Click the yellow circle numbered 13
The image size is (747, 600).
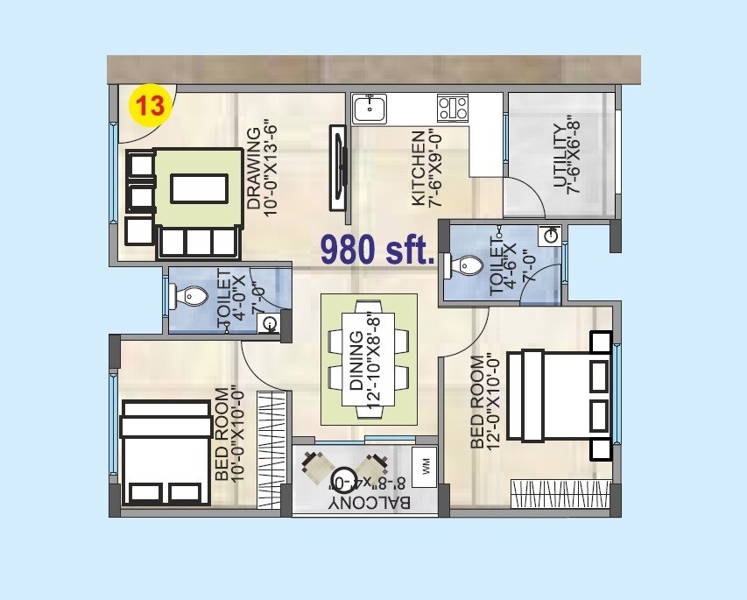[x=148, y=106]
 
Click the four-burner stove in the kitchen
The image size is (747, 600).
[x=453, y=108]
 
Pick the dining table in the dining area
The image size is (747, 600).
[x=369, y=360]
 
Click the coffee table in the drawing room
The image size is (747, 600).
[x=201, y=187]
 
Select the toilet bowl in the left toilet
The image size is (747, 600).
[x=191, y=298]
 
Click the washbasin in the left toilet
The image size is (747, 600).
[x=270, y=324]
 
